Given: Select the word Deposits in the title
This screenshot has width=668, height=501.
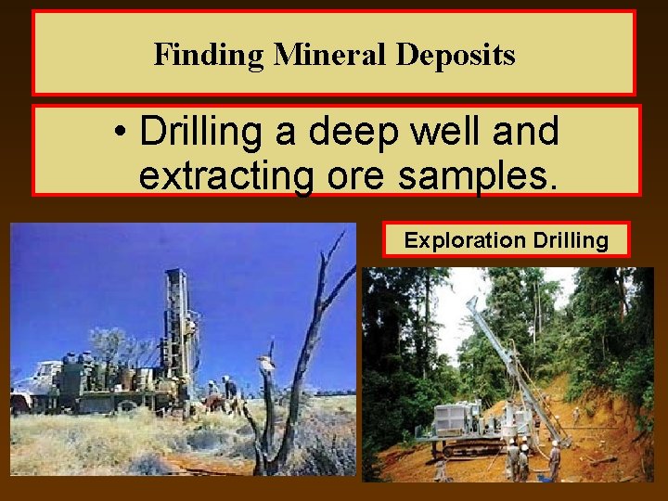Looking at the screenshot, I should tap(456, 55).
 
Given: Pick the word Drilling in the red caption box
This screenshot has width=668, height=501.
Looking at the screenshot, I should tap(572, 241).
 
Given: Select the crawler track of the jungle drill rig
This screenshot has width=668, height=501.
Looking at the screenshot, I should tap(473, 450).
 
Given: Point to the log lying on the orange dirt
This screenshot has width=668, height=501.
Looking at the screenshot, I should tap(602, 459).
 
